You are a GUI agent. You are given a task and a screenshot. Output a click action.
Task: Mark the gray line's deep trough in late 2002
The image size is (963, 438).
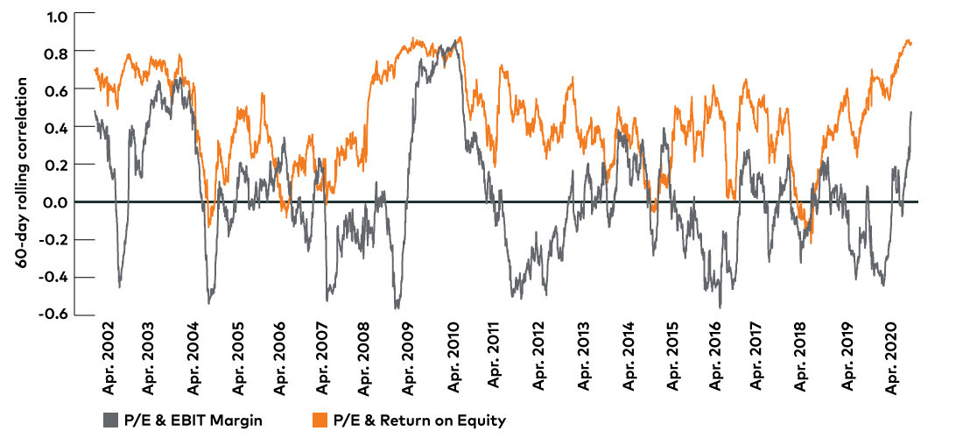(119, 286)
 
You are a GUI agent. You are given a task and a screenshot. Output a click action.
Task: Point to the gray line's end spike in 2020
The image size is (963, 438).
(910, 112)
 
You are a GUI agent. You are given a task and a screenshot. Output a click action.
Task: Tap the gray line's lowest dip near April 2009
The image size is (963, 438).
(397, 308)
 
